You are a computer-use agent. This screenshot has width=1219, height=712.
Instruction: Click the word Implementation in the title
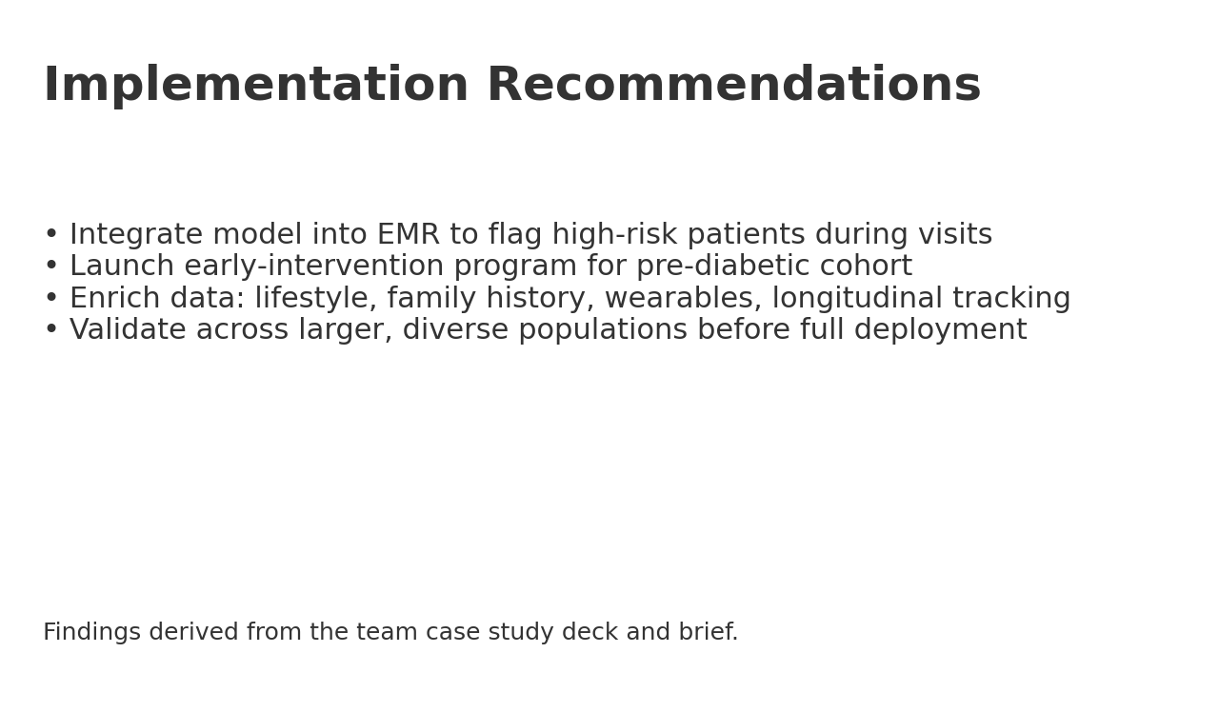256,87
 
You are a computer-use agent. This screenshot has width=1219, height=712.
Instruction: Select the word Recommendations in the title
733,87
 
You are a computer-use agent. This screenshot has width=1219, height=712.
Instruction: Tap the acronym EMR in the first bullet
409,235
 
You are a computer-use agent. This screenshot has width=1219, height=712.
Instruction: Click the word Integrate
135,235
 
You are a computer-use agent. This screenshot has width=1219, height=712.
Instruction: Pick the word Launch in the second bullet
122,267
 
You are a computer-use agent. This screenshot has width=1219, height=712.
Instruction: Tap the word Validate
128,330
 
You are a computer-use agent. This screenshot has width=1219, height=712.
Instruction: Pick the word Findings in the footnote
91,633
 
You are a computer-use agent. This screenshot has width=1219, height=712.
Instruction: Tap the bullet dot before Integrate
51,235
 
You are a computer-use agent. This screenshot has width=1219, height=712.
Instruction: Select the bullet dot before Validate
51,330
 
